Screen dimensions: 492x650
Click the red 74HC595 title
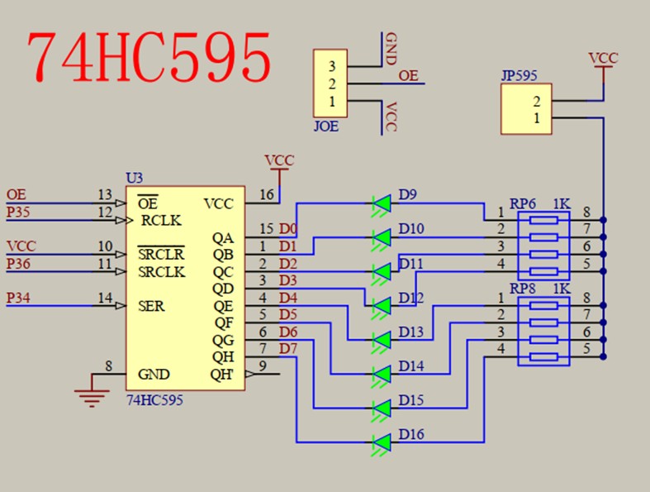coord(149,57)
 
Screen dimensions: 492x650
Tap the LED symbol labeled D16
coord(382,442)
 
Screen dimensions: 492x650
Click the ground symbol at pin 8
coord(92,394)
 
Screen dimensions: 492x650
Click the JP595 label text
coord(519,75)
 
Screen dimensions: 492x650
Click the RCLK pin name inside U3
coord(161,221)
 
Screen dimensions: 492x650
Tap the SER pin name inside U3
coord(151,306)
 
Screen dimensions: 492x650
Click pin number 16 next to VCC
coord(267,194)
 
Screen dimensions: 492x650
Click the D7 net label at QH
coord(287,348)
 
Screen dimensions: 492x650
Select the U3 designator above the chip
coord(134,178)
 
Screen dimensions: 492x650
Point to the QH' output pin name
coord(221,374)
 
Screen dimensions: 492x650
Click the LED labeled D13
coord(382,340)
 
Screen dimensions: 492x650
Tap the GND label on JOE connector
coord(391,49)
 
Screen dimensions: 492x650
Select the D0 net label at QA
coord(287,228)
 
